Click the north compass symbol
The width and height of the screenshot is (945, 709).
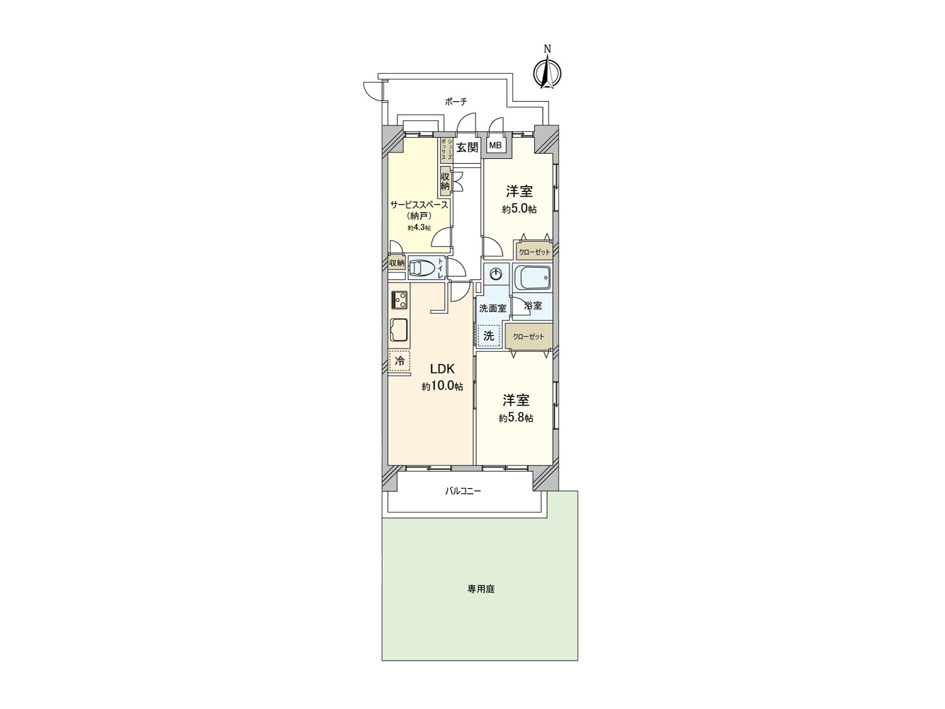click(x=548, y=73)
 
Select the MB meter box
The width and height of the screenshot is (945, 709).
click(x=496, y=145)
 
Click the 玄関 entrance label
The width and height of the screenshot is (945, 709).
click(x=467, y=147)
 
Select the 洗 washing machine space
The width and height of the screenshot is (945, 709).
click(x=489, y=336)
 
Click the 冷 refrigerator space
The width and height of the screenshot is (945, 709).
click(x=400, y=360)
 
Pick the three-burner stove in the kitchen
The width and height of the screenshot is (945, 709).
click(x=399, y=300)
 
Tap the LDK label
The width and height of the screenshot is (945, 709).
click(x=442, y=369)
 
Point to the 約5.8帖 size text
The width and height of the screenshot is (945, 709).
click(x=516, y=418)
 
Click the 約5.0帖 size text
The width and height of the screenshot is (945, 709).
click(x=519, y=209)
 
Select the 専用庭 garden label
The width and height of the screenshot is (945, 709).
click(x=481, y=589)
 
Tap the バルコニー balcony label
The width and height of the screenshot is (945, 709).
click(x=463, y=490)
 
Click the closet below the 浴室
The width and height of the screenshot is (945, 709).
click(x=529, y=336)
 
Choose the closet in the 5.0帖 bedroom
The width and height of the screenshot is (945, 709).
click(x=534, y=252)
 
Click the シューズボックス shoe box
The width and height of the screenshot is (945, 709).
click(x=446, y=150)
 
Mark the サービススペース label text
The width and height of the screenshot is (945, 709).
click(x=419, y=205)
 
